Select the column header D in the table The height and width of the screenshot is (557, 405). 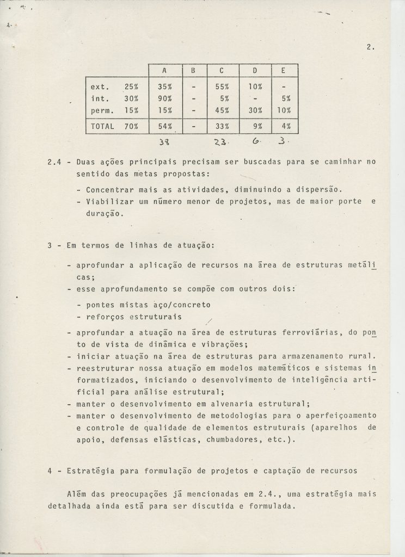(254, 71)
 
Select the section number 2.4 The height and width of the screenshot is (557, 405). (55, 162)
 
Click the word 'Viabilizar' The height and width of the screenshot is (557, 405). (109, 202)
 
